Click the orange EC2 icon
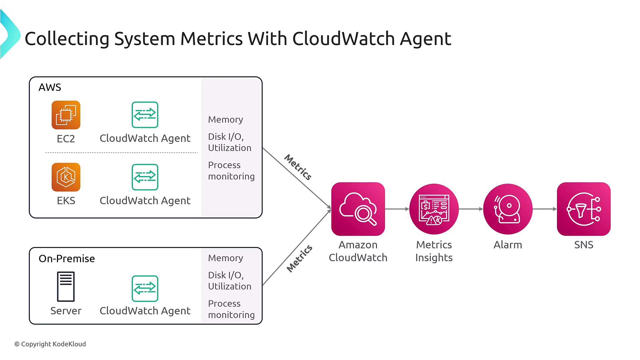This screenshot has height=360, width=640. [x=66, y=115]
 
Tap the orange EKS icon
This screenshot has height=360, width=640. [x=66, y=177]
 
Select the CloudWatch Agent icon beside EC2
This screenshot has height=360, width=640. [x=145, y=115]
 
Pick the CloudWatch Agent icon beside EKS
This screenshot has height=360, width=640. [x=145, y=177]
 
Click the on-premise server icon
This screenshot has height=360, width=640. [x=66, y=287]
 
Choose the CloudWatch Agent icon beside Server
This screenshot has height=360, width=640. [x=145, y=289]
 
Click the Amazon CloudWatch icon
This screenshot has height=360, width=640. [x=358, y=209]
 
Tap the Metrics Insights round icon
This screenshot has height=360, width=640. [x=434, y=209]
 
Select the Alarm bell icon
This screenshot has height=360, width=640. [x=508, y=209]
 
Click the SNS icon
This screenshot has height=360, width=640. [x=584, y=209]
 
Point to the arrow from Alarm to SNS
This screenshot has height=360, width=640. [x=545, y=209]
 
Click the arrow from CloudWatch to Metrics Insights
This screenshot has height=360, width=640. [x=397, y=209]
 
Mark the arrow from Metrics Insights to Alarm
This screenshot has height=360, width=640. [x=471, y=209]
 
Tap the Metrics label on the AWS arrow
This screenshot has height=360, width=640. [x=298, y=167]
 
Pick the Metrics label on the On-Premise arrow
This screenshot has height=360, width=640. [x=299, y=258]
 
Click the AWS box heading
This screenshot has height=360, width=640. [x=50, y=87]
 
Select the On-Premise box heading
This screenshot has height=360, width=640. [x=67, y=259]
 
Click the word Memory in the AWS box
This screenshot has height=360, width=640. [x=225, y=119]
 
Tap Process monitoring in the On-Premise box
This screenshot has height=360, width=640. [x=231, y=309]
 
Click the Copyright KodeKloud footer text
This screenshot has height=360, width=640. [x=50, y=344]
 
